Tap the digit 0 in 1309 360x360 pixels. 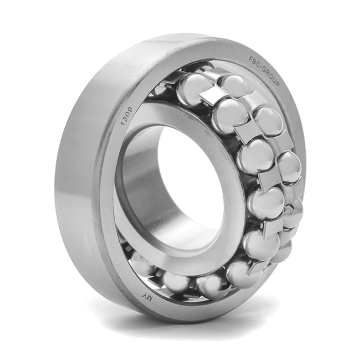(x=128, y=114)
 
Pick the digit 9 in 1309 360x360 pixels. (x=130, y=109)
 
